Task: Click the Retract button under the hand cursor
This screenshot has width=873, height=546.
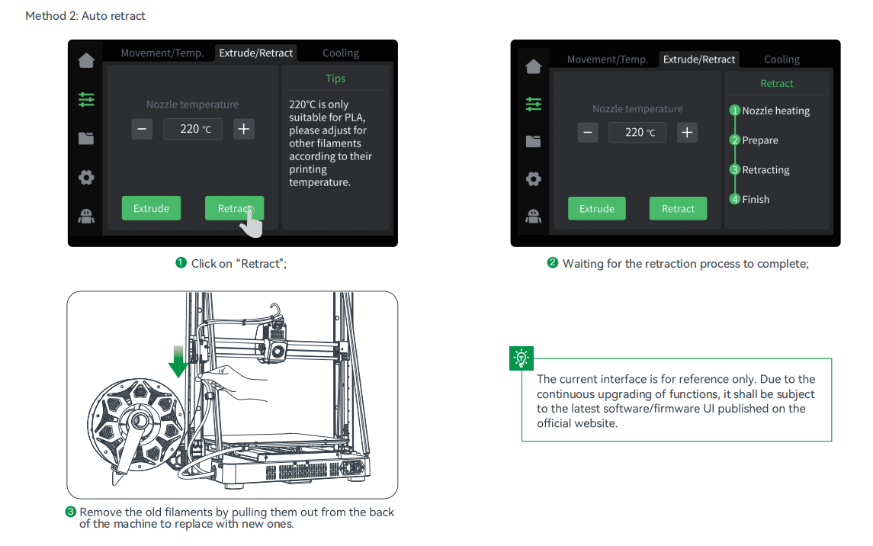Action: point(234,208)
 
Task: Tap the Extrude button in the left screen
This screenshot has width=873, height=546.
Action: point(151,208)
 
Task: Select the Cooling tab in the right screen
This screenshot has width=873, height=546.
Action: point(782,59)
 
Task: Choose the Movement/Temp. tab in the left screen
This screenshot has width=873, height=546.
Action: point(162,53)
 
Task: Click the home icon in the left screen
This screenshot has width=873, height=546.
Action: point(86,60)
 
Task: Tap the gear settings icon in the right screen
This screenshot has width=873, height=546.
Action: point(534,179)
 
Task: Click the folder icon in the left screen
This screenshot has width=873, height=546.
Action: point(86,138)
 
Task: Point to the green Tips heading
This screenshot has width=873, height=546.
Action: point(335,79)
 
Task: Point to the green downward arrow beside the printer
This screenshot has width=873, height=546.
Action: point(178,361)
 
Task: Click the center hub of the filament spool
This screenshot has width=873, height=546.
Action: point(138,421)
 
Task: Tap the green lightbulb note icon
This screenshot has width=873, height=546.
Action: point(522,358)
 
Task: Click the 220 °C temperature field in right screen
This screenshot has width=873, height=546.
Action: point(637,133)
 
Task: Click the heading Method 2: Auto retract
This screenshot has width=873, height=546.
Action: point(85,16)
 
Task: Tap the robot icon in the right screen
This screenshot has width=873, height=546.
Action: point(534,216)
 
